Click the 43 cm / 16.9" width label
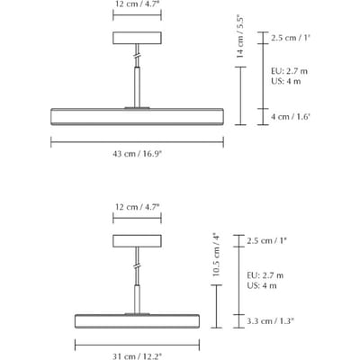pos(137,154)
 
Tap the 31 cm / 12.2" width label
pos(137,356)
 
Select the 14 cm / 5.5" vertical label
pos(240,36)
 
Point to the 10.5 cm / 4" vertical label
pos(216,255)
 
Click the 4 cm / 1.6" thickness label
pos(290,117)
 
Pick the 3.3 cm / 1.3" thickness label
pos(270,321)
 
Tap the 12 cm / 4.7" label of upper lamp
pos(137,4)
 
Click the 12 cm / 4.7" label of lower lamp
pos(137,207)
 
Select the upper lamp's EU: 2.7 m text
pos(289,71)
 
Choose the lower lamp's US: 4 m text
pos(262,285)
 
